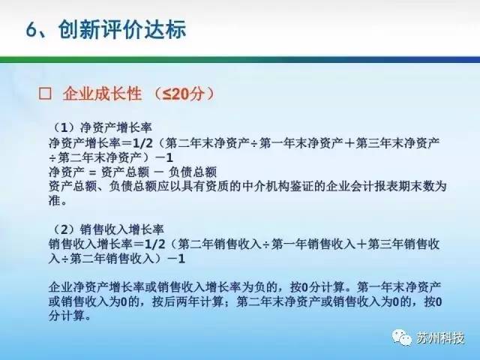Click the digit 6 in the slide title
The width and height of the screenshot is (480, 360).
pyautogui.click(x=32, y=30)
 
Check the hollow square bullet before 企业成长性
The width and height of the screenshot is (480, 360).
pyautogui.click(x=45, y=93)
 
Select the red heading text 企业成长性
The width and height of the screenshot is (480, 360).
pyautogui.click(x=102, y=93)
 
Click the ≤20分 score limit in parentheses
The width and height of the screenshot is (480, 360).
pyautogui.click(x=183, y=93)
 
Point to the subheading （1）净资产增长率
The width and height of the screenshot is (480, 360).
pyautogui.click(x=102, y=127)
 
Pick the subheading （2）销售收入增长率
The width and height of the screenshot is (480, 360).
pyautogui.click(x=108, y=229)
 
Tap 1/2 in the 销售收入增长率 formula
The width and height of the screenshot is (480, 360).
pyautogui.click(x=154, y=244)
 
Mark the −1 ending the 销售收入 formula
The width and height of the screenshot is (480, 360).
pyautogui.click(x=176, y=259)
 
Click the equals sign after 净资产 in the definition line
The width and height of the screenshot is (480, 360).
pyautogui.click(x=92, y=172)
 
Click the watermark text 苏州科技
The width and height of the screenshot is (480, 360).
pyautogui.click(x=441, y=338)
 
